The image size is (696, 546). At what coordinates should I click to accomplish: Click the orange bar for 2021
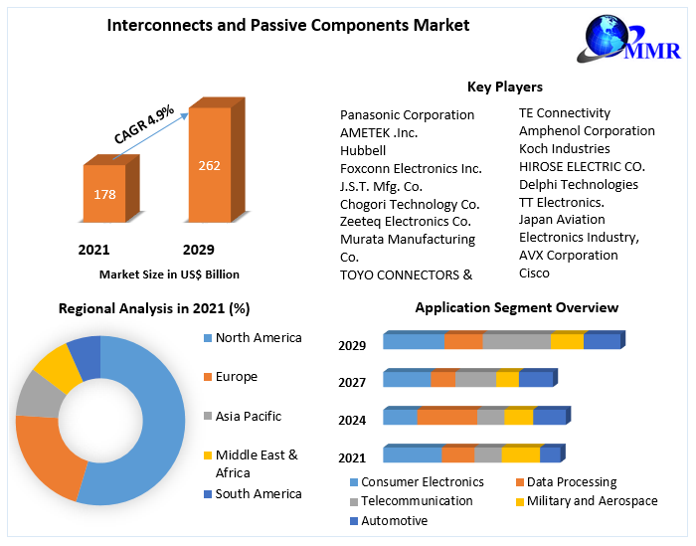[104, 193]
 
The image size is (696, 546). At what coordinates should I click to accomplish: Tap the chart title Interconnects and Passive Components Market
[288, 25]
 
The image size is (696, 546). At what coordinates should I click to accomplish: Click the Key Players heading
[504, 87]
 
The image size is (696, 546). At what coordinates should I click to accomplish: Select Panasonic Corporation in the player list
[407, 114]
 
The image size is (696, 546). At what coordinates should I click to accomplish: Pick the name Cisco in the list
[534, 273]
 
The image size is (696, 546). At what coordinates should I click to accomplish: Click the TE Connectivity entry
[565, 112]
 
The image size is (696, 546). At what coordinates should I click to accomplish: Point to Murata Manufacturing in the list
[407, 239]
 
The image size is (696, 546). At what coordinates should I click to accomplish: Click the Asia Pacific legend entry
[248, 416]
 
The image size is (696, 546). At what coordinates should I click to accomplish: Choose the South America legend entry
[258, 493]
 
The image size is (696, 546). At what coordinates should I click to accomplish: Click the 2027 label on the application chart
[352, 382]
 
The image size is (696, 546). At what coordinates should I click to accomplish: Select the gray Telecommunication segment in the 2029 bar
[516, 341]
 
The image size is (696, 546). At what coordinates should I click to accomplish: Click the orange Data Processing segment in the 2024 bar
[446, 417]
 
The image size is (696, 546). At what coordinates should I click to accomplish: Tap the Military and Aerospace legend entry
[592, 501]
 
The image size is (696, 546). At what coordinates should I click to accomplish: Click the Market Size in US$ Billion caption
[169, 273]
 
